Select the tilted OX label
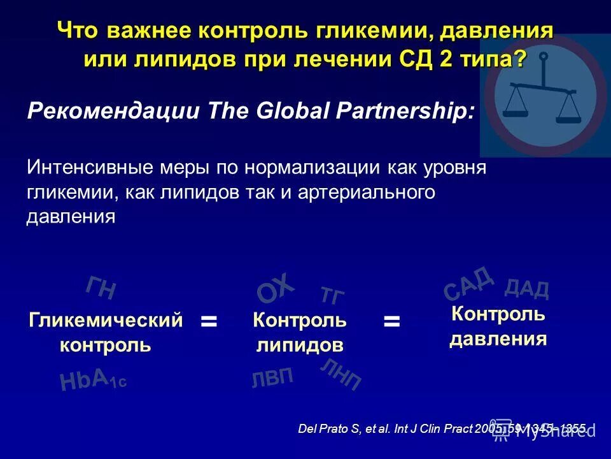tap(276, 288)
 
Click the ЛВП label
tap(272, 378)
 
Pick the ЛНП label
tap(341, 374)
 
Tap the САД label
tap(468, 283)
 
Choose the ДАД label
tap(526, 289)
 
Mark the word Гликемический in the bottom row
tap(106, 319)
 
